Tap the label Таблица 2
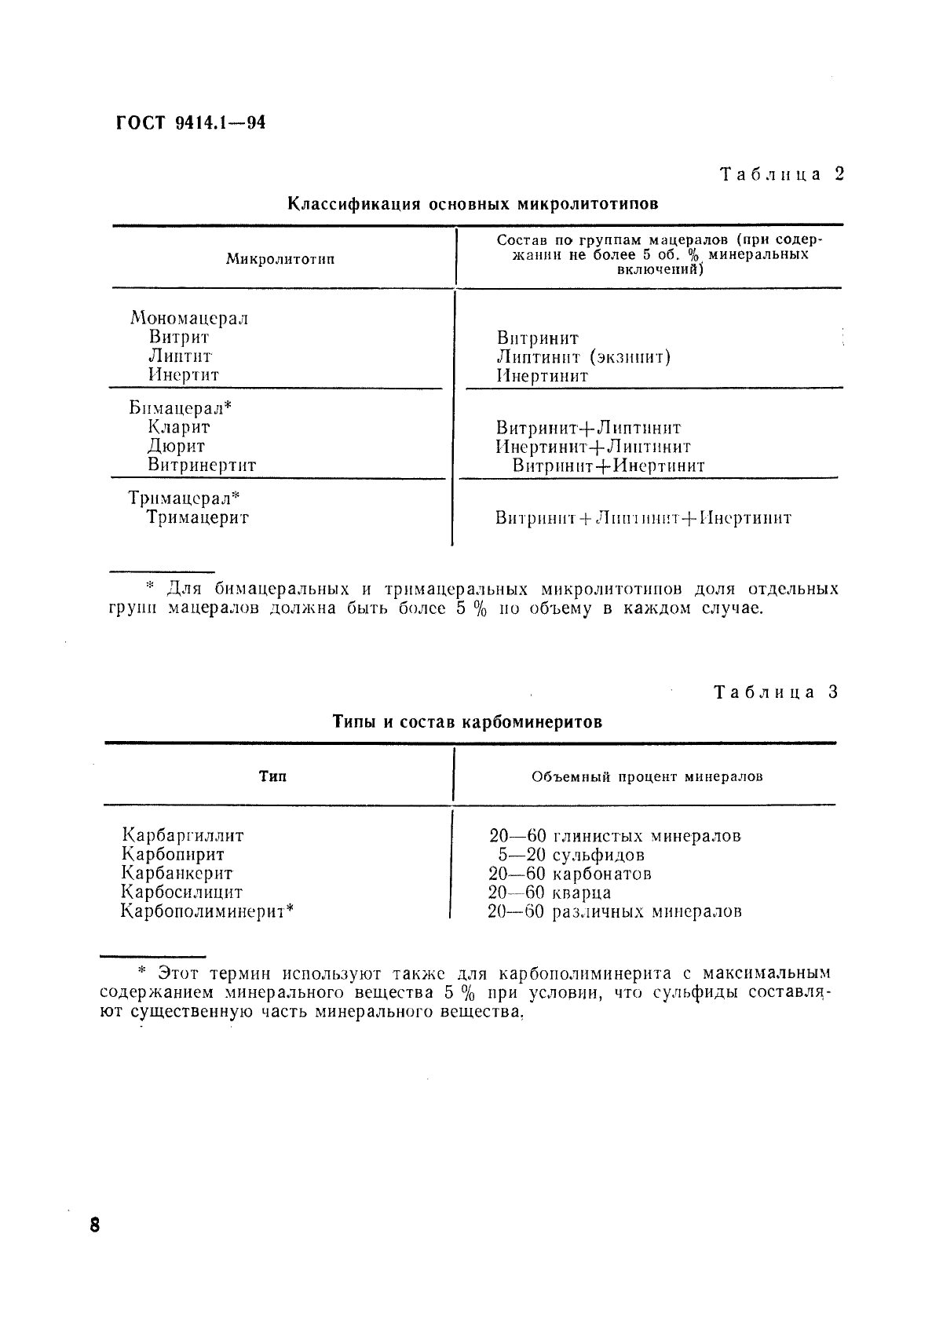[x=781, y=174]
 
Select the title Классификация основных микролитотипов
[x=472, y=204]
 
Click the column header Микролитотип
[x=280, y=259]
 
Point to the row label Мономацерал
[x=188, y=318]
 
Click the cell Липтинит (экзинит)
[x=583, y=357]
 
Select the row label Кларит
[x=179, y=427]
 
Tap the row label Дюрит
[x=177, y=446]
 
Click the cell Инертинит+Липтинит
[x=593, y=447]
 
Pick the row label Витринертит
[x=202, y=465]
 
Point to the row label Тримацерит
[x=198, y=517]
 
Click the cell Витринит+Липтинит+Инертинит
[x=643, y=518]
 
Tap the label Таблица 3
[x=776, y=692]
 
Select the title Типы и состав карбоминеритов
[x=467, y=721]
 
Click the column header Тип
[x=272, y=776]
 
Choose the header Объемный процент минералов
[x=647, y=777]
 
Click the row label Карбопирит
[x=173, y=854]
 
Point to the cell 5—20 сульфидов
[x=571, y=855]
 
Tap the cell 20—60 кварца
[x=550, y=893]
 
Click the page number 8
[x=95, y=1225]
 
